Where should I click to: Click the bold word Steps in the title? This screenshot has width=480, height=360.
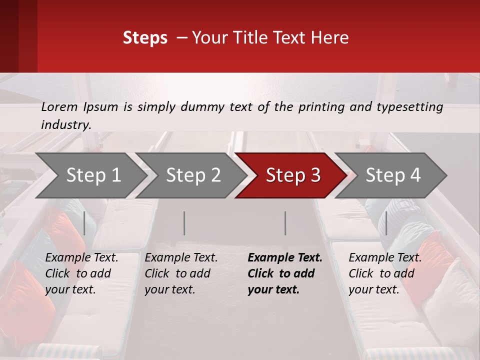(x=145, y=38)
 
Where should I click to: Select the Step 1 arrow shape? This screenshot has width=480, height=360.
(x=90, y=175)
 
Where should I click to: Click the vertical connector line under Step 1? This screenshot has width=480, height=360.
(x=84, y=223)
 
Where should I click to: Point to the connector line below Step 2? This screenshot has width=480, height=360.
(x=184, y=223)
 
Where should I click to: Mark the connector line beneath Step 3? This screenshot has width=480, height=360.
(x=285, y=223)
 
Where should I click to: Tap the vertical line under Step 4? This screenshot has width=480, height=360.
(x=386, y=223)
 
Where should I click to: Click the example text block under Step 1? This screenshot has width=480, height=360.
(x=81, y=273)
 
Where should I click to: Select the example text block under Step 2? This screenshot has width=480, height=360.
(x=181, y=273)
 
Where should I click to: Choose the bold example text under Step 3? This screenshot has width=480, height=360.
(x=284, y=273)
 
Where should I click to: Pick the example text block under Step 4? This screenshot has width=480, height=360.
(x=385, y=273)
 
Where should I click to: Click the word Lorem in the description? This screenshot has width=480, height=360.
(x=59, y=106)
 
